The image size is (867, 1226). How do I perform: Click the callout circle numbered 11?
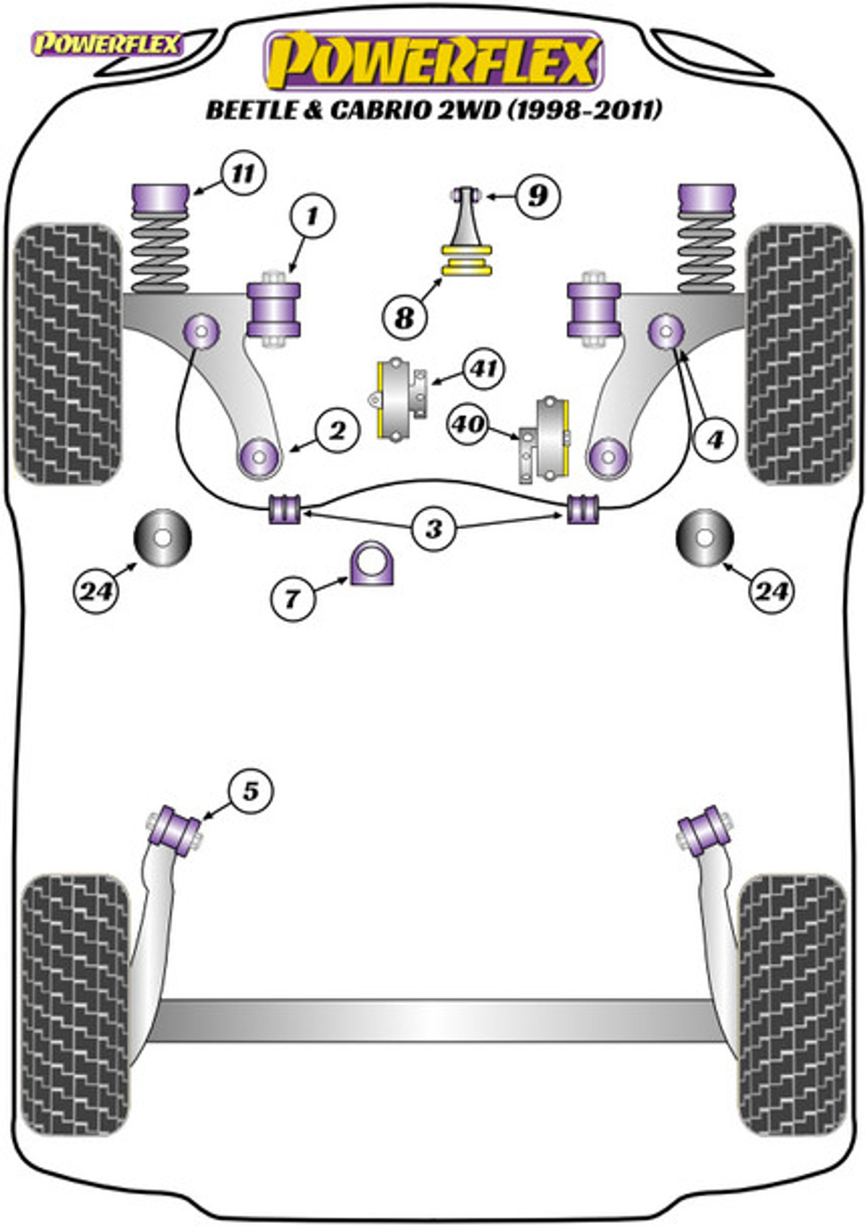(x=243, y=174)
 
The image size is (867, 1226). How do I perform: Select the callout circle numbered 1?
(x=312, y=216)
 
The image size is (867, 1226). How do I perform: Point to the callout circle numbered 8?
(x=405, y=316)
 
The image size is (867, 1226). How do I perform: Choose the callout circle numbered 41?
(x=483, y=369)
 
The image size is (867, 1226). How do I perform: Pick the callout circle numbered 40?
(x=468, y=423)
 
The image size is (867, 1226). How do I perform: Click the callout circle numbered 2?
(x=337, y=431)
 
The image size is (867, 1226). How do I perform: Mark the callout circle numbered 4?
(x=715, y=439)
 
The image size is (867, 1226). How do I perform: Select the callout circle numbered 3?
(x=433, y=528)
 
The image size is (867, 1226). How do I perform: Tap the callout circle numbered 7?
(x=293, y=598)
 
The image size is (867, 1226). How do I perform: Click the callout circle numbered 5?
(x=250, y=790)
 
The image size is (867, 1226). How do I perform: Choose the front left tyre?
(x=69, y=353)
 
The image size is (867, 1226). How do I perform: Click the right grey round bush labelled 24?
(x=704, y=538)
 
